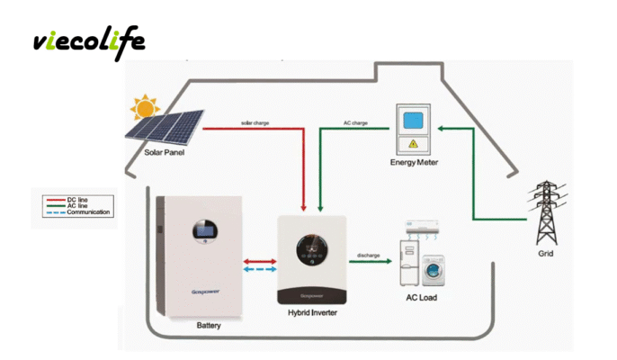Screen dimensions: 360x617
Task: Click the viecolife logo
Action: [88, 41]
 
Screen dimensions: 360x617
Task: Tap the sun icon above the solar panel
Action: [143, 108]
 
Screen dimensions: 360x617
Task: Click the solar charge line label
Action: [255, 121]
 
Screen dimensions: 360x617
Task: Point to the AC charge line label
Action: [356, 121]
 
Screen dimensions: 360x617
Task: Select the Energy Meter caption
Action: [415, 163]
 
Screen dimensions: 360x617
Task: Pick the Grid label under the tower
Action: [546, 254]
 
